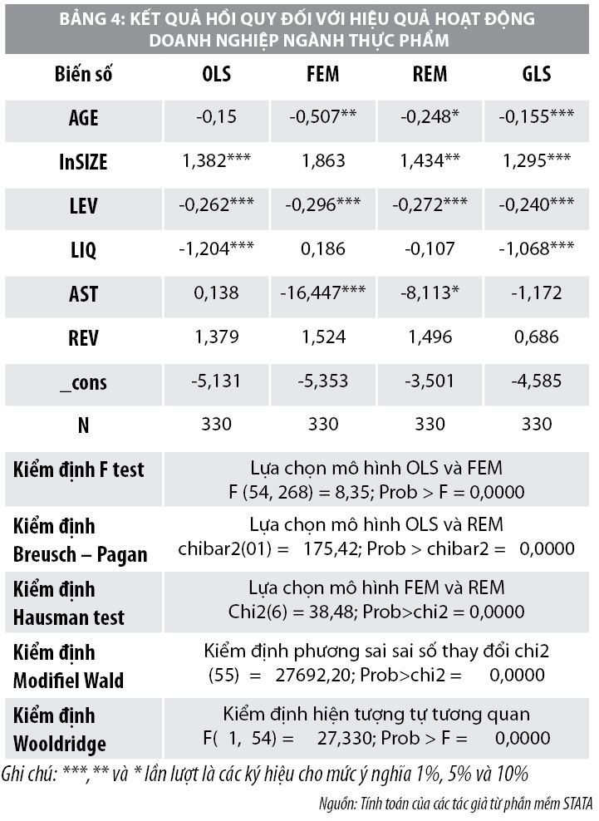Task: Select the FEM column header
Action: coord(322,74)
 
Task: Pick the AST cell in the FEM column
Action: coord(322,293)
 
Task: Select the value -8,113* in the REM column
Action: coord(430,293)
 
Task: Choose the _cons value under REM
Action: coord(430,382)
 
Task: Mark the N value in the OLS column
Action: coord(217,424)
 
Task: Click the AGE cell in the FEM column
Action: coord(322,118)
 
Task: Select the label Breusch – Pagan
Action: coord(80,554)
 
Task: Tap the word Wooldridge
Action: coord(59,744)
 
